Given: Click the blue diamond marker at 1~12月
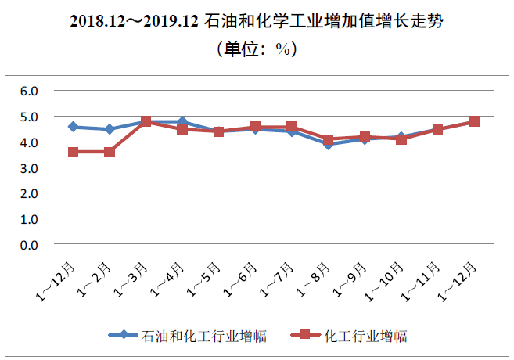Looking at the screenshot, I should [73, 127].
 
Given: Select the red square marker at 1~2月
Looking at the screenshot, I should [110, 152].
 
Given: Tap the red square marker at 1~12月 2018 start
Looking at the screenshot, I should [73, 152].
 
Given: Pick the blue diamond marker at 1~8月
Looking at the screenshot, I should [329, 144].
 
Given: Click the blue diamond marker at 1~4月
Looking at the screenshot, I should [182, 121].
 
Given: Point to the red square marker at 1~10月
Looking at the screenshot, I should [401, 139].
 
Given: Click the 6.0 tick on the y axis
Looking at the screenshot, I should [29, 91].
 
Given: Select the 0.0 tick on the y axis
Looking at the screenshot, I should [29, 245].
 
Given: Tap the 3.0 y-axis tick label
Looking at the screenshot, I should [29, 167].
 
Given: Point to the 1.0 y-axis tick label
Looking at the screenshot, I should [29, 219].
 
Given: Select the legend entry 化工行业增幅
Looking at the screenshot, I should [365, 337].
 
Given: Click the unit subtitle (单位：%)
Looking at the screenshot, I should [256, 49].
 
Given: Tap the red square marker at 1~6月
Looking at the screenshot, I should [255, 127].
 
